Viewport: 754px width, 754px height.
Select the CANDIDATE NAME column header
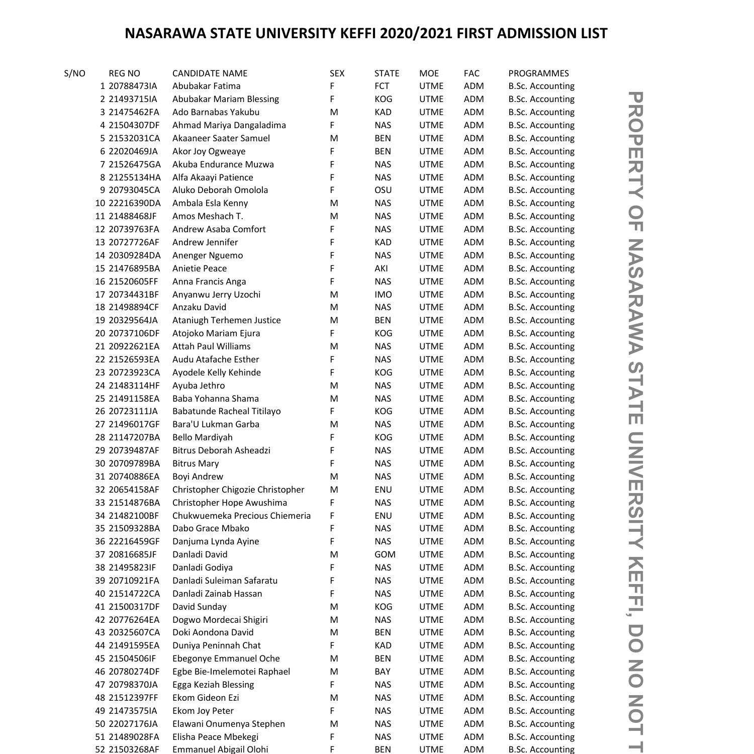[210, 73]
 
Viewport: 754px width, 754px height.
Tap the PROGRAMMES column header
[538, 73]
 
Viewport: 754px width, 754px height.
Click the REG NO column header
[124, 73]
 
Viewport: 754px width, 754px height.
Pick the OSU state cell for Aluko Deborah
[383, 190]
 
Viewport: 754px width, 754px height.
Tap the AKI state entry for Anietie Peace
[381, 268]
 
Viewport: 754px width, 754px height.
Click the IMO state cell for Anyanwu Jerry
[383, 295]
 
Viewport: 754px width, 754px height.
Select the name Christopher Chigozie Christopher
[238, 490]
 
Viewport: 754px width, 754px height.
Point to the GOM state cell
[385, 554]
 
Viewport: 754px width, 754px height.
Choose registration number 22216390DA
[135, 203]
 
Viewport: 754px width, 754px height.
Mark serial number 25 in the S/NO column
[100, 399]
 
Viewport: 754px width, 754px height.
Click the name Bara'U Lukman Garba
[216, 424]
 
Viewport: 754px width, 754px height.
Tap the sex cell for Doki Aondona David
[334, 632]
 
